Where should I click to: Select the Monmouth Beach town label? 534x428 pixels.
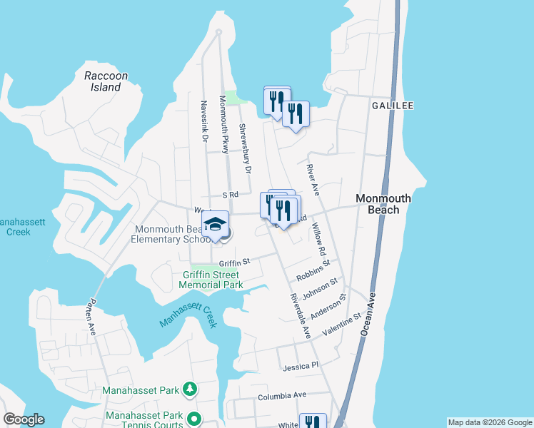tap(383, 205)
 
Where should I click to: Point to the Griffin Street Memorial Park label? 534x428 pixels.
tap(211, 279)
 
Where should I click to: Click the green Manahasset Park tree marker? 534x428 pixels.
tap(190, 389)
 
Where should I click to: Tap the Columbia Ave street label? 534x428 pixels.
tap(282, 395)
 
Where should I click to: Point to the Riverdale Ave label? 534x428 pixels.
tap(301, 315)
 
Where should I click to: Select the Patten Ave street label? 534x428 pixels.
tap(94, 319)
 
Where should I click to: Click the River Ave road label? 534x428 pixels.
tap(311, 181)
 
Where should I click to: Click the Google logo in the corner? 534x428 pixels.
tap(24, 419)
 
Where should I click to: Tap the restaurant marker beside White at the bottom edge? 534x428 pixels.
tap(313, 423)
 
